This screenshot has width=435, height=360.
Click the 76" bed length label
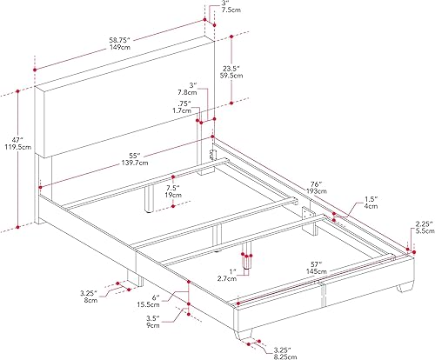click(x=314, y=184)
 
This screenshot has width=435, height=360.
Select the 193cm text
click(x=314, y=194)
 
